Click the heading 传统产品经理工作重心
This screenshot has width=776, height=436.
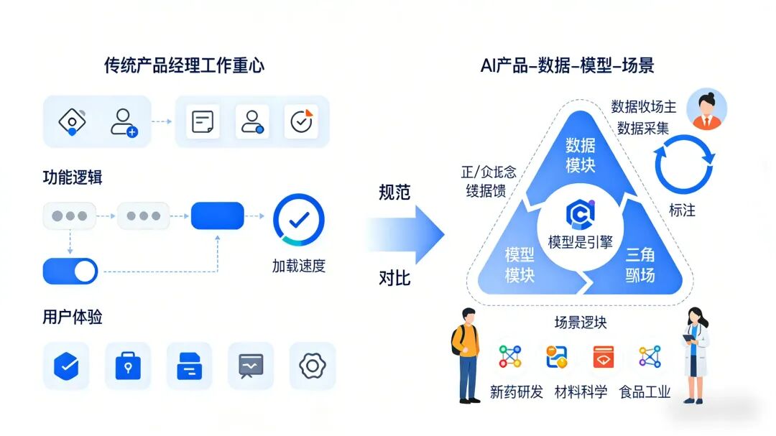point(184,66)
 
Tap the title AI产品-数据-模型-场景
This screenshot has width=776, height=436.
point(567,66)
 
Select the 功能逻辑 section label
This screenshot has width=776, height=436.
point(73,177)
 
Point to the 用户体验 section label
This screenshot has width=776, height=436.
point(73,317)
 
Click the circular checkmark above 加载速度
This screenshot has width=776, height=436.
point(299,219)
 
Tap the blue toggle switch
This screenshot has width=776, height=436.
point(70,271)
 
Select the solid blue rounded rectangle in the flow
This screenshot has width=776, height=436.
point(217,215)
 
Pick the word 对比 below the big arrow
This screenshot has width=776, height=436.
point(394,278)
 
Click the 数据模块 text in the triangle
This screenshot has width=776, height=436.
point(581,155)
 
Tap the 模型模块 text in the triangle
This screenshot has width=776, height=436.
point(519,264)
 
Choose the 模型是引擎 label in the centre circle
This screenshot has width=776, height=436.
point(581,242)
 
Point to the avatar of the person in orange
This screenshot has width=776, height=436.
point(707,109)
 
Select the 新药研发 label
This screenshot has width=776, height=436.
point(516,392)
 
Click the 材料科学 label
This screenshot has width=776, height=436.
point(581,392)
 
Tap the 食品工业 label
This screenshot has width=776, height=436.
point(645,392)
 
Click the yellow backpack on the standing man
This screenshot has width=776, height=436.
point(458,341)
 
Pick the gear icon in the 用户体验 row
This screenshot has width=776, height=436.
point(313,366)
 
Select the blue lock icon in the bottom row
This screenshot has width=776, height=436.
point(128,366)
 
